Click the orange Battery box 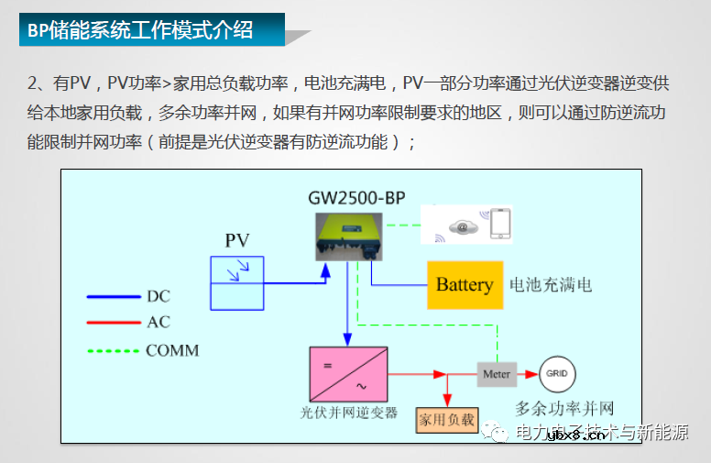(465, 284)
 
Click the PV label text (237, 241)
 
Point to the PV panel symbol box (237, 283)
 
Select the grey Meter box (497, 374)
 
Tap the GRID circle (556, 374)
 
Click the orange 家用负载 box (447, 419)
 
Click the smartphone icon (499, 225)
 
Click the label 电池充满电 (550, 285)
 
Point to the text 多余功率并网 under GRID (564, 409)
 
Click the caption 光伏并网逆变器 (349, 413)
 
